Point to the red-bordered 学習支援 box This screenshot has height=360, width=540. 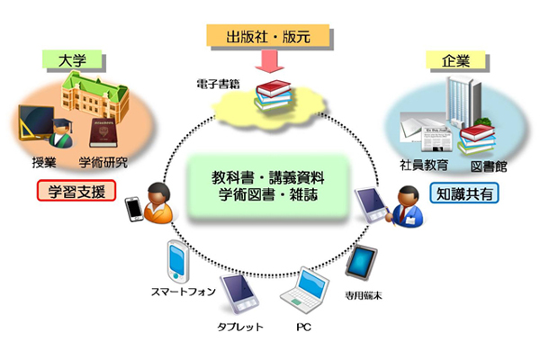click(73, 191)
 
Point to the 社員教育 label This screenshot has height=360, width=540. click(423, 166)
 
